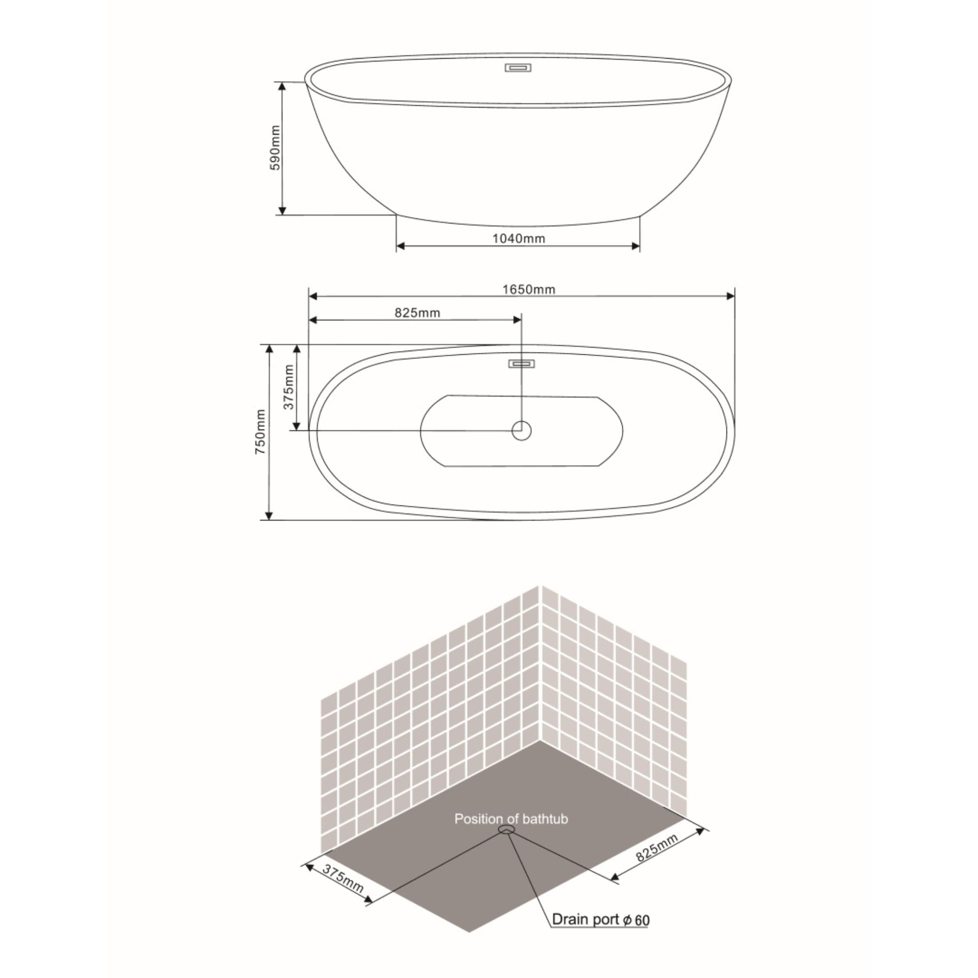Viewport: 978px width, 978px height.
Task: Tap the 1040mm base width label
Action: click(519, 238)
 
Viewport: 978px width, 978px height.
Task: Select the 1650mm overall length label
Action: click(529, 289)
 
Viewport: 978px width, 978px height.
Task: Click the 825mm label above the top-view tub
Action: click(417, 313)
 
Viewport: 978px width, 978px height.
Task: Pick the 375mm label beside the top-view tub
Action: click(289, 387)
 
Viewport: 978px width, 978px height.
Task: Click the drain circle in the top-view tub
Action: click(521, 431)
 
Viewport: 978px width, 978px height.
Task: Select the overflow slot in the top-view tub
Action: click(521, 363)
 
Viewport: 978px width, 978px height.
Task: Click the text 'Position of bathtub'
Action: click(511, 818)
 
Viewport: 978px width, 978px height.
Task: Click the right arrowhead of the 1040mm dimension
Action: click(636, 247)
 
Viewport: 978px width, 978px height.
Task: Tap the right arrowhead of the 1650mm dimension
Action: click(730, 296)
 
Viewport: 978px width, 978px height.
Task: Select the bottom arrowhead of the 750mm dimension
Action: click(269, 515)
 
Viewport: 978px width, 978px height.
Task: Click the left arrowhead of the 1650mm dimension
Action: click(313, 296)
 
